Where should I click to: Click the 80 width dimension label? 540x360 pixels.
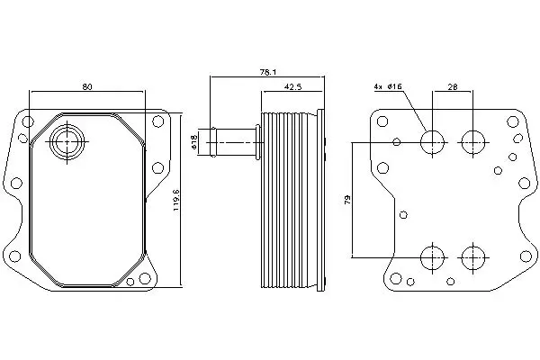pyautogui.click(x=87, y=86)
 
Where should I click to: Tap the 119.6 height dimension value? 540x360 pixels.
pyautogui.click(x=176, y=200)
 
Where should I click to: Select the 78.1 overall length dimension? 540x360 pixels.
pyautogui.click(x=268, y=72)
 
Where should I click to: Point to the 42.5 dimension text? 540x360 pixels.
pyautogui.click(x=292, y=86)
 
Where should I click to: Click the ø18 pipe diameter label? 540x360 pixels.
pyautogui.click(x=193, y=142)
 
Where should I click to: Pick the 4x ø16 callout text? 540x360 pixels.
pyautogui.click(x=388, y=86)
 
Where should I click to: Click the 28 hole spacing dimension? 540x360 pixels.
pyautogui.click(x=453, y=86)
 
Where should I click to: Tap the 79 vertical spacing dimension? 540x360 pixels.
pyautogui.click(x=347, y=200)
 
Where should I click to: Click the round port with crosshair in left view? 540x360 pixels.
pyautogui.click(x=67, y=141)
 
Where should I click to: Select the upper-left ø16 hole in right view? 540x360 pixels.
pyautogui.click(x=433, y=142)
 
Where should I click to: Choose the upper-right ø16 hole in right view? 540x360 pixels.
pyautogui.click(x=473, y=142)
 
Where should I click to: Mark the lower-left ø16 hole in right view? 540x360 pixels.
pyautogui.click(x=433, y=257)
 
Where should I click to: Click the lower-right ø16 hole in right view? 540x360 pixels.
pyautogui.click(x=473, y=257)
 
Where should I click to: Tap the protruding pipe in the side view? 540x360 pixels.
pyautogui.click(x=234, y=142)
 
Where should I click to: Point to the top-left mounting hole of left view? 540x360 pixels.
pyautogui.click(x=28, y=121)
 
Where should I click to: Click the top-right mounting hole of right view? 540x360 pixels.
pyautogui.click(x=513, y=121)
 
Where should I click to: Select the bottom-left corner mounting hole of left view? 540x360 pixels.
pyautogui.click(x=14, y=256)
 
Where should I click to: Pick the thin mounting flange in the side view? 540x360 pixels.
pyautogui.click(x=320, y=201)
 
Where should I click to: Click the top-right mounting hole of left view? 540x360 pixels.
pyautogui.click(x=157, y=121)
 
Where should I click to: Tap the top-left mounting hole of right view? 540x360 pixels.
pyautogui.click(x=382, y=121)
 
